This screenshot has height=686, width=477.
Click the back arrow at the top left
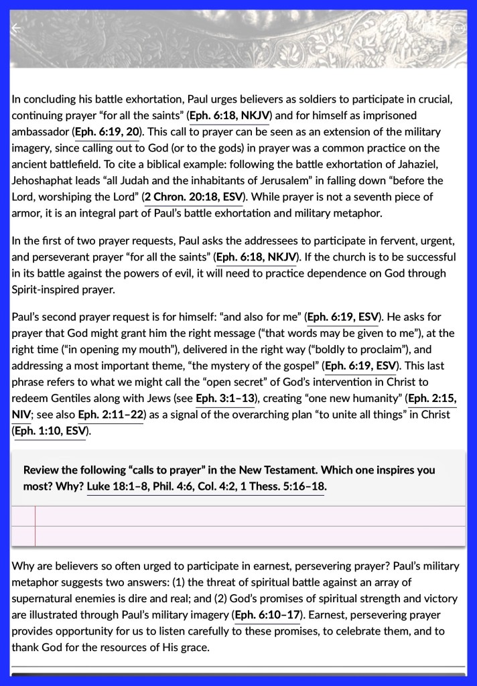tap(16, 28)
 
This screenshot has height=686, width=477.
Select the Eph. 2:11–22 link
tap(111, 415)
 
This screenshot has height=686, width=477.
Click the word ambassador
tap(41, 132)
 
